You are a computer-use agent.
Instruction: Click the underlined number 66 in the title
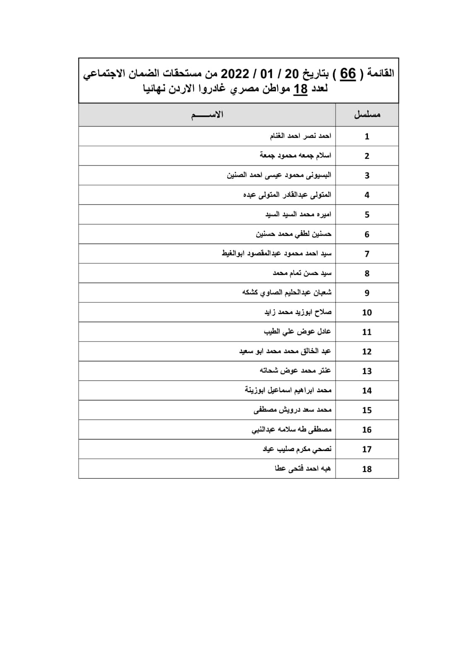pos(348,74)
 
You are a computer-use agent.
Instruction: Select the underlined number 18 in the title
pos(300,89)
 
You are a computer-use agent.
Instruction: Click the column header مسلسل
pos(367,115)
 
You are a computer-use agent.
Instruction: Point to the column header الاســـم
pos(207,115)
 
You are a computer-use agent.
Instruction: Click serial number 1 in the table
pos(367,136)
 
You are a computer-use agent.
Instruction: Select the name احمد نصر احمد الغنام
pos(300,136)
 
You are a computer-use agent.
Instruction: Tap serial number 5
pos(367,215)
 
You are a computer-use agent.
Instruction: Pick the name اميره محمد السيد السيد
pos(298,215)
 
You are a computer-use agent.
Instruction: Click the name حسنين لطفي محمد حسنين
pos(294,234)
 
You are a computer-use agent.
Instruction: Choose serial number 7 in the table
pos(367,254)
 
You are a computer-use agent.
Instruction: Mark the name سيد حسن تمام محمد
pos(302,273)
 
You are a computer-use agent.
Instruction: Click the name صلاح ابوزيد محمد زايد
pos(298,312)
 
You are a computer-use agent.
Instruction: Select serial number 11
pos(367,332)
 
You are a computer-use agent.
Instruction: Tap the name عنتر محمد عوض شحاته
pos(295,371)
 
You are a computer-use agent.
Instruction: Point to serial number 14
pos(367,391)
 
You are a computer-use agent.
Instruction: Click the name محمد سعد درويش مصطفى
pos(293,410)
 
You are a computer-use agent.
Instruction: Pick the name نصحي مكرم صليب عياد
pos(297,449)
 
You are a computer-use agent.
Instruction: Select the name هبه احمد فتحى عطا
pos(302,469)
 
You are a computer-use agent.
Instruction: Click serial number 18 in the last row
pos(367,469)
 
